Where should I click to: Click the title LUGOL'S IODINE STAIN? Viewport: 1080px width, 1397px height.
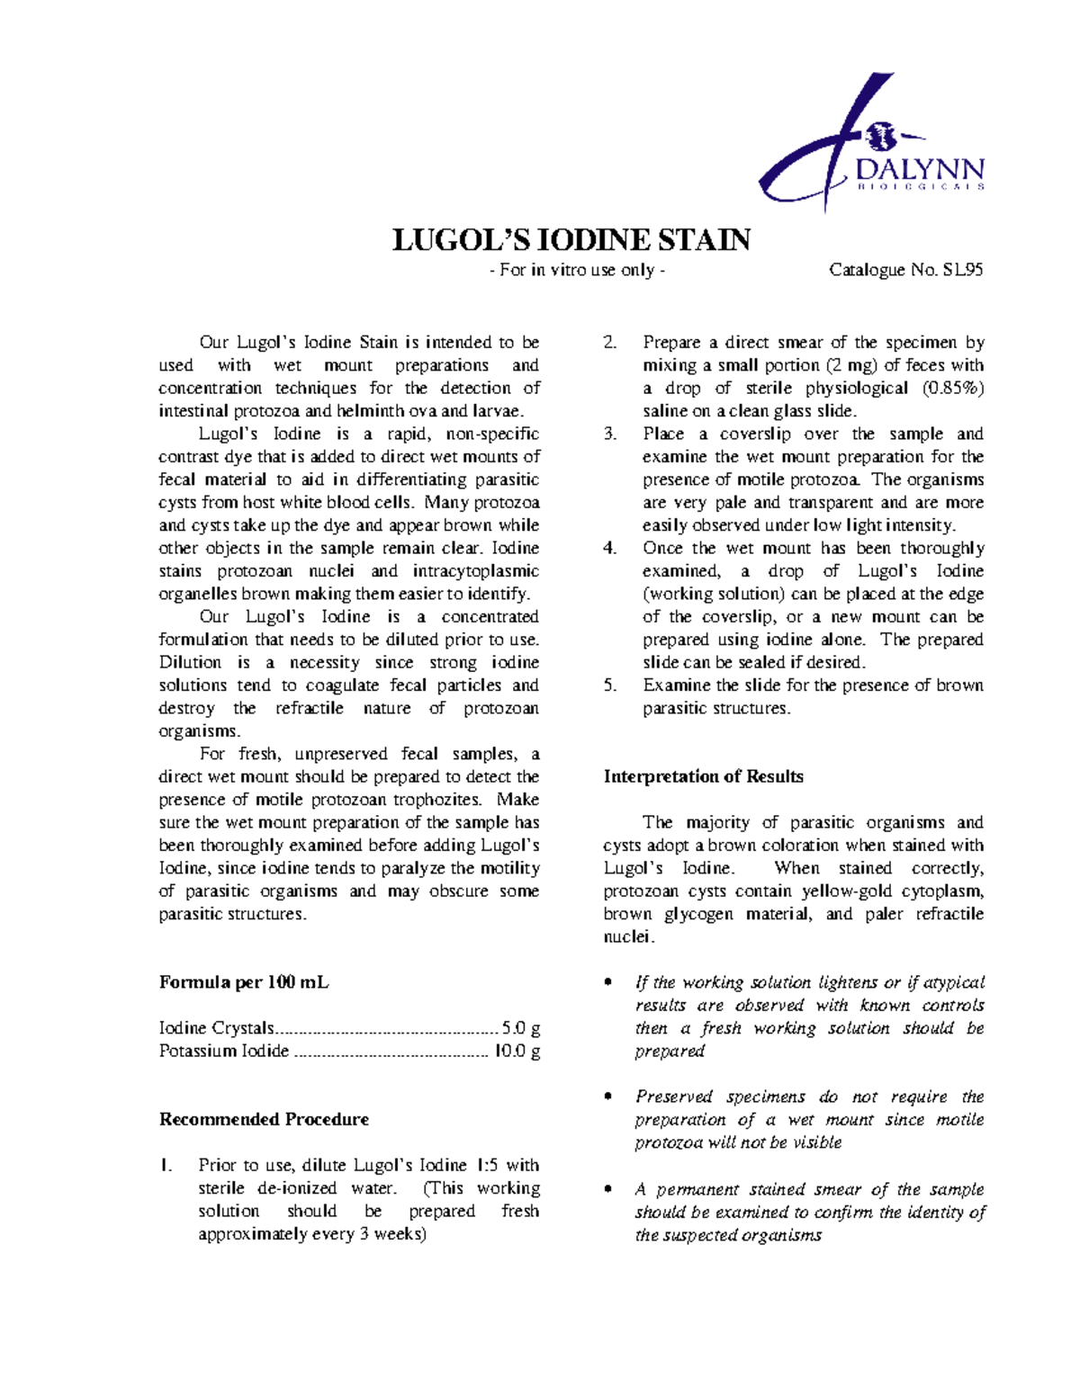tap(571, 240)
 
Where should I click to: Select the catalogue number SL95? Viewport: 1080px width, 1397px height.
tap(962, 270)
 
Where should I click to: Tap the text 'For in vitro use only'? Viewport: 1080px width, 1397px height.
tap(577, 270)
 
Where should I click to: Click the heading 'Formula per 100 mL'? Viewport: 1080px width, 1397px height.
tap(244, 982)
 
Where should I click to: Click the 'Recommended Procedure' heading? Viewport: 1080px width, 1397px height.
tap(264, 1119)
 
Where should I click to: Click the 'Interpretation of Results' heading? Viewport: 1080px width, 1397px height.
tap(703, 776)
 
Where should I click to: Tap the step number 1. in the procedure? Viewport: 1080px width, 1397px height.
tap(165, 1166)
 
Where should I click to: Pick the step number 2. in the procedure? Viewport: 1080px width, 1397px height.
tap(610, 343)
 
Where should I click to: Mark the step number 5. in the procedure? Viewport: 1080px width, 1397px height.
tap(610, 685)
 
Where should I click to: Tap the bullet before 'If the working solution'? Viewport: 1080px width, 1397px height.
tap(609, 983)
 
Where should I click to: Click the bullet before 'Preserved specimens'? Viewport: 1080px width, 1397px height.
tap(609, 1097)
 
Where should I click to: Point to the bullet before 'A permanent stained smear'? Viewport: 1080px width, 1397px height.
tap(609, 1189)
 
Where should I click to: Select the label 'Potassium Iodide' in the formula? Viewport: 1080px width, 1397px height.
tap(224, 1051)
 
